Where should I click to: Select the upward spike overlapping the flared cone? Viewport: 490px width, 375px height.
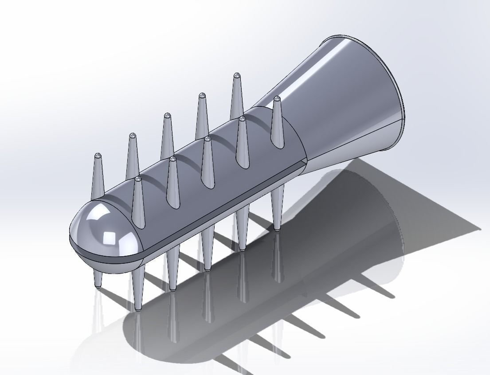[x=278, y=122]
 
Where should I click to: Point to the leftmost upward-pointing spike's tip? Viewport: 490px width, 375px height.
[x=98, y=156]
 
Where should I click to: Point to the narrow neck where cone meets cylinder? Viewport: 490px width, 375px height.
[x=306, y=146]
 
